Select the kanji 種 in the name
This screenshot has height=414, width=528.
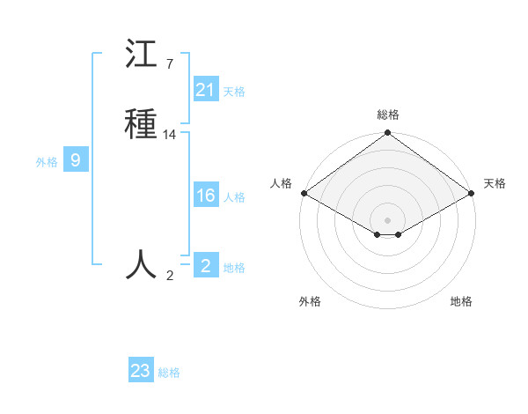coord(142,123)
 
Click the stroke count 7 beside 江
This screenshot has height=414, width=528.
coord(169,63)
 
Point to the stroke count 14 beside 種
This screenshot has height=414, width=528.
coord(170,135)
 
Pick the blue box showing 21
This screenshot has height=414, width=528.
coord(206,90)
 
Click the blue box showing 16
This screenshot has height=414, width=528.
coord(206,196)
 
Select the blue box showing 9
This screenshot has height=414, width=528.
coord(76,160)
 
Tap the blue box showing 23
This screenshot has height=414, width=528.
coord(141,371)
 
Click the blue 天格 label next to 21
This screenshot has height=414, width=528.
coord(234,92)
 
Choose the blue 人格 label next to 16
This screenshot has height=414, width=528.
coord(234,197)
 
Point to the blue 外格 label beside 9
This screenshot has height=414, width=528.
coord(47,162)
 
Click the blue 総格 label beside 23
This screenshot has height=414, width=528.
coord(169,373)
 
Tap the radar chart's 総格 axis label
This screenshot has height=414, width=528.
coord(387,115)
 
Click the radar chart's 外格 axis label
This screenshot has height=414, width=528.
coord(310,301)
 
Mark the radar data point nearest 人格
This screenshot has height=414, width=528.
coord(303,193)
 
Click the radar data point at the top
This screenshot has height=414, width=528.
coord(387,134)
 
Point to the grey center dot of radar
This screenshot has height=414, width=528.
coord(387,219)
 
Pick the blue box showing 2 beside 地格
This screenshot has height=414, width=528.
coord(206,265)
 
